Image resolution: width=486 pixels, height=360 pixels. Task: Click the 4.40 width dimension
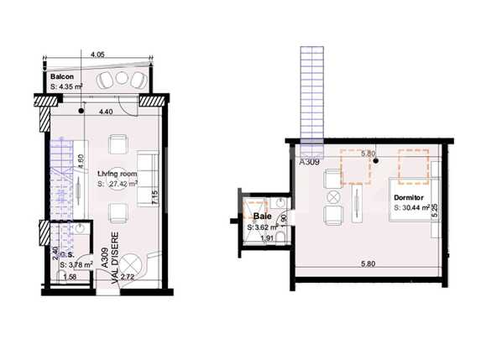pos(106,112)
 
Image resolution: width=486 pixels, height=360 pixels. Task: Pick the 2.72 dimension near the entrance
pos(128,276)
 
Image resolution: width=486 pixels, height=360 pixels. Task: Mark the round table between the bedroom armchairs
pos(335,196)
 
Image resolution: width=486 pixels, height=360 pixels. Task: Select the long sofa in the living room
pos(147,172)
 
